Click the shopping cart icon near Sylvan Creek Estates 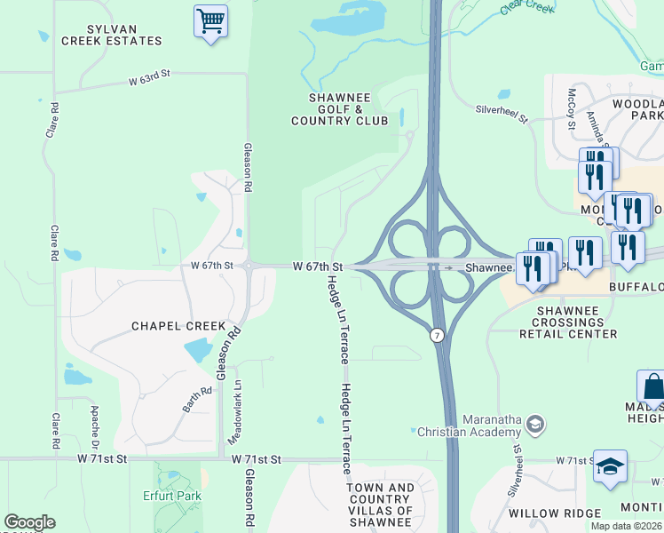(x=210, y=20)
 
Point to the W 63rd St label (x=148, y=80)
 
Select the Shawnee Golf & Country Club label (x=339, y=109)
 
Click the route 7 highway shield (x=436, y=335)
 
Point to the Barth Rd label (x=198, y=399)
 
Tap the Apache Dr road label (x=95, y=426)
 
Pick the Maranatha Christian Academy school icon (x=534, y=424)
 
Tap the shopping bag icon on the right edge (x=652, y=387)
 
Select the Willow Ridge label (x=549, y=513)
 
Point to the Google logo (x=29, y=523)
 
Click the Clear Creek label (x=526, y=7)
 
